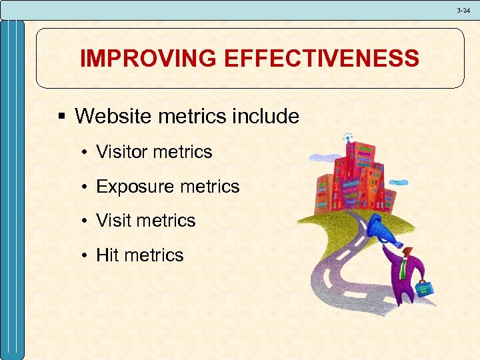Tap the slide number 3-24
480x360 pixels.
[463, 10]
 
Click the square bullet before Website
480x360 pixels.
[62, 117]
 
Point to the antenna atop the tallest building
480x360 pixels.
[346, 137]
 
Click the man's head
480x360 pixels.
[408, 251]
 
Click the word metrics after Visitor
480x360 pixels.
[182, 152]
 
